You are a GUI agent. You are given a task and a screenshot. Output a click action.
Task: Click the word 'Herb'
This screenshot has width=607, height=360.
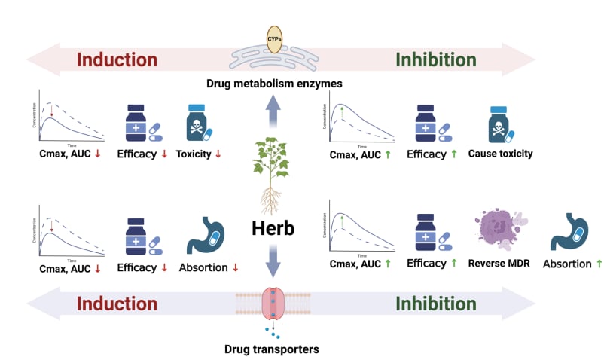point(273,226)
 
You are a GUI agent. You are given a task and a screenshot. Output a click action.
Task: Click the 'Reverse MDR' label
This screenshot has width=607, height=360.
point(499,263)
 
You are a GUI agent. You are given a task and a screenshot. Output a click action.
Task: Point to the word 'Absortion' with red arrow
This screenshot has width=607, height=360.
point(203,267)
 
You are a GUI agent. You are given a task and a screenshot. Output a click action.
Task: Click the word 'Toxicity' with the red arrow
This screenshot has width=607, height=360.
point(194,154)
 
